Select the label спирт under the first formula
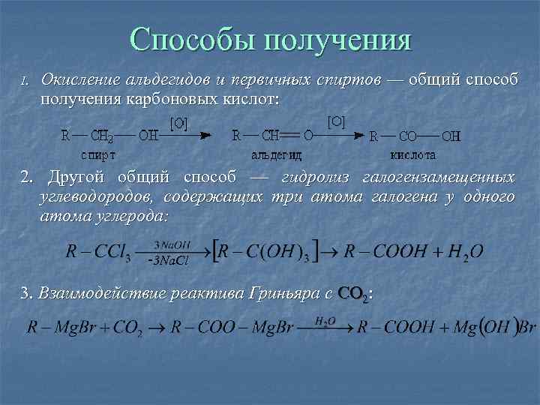click(x=97, y=155)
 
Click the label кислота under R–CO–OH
click(x=412, y=155)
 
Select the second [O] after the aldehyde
click(x=336, y=120)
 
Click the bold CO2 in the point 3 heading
click(x=353, y=293)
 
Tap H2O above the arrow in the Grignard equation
click(x=324, y=320)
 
